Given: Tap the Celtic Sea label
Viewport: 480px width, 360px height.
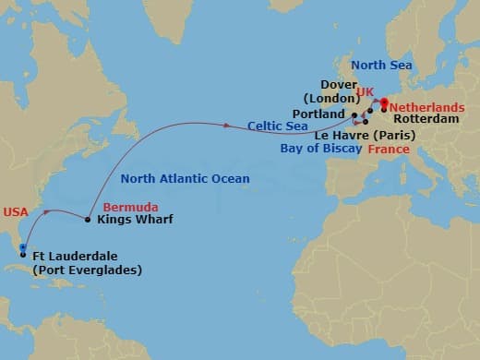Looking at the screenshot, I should [x=278, y=125].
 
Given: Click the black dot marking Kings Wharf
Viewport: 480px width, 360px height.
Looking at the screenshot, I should [x=88, y=220].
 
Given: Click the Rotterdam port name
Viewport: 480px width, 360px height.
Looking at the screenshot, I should [x=426, y=119].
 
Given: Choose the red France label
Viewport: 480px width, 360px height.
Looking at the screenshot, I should [x=389, y=148].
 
